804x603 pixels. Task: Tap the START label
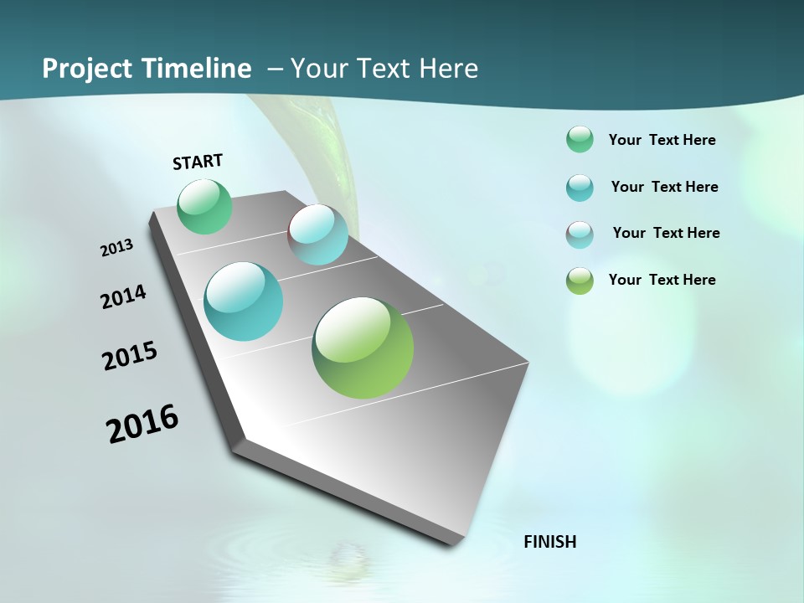(198, 162)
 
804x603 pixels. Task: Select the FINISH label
(550, 542)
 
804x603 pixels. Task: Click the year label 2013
(117, 248)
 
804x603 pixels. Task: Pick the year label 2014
(124, 296)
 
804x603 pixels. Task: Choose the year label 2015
(130, 356)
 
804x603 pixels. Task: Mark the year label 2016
(142, 424)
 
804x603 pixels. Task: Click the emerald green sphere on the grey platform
(205, 206)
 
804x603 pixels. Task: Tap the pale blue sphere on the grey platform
(318, 234)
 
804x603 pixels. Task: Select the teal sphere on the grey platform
(244, 301)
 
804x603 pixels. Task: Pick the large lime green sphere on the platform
(363, 348)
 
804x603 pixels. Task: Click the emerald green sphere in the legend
(580, 139)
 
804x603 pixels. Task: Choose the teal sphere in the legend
(580, 188)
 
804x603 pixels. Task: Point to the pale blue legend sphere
(580, 234)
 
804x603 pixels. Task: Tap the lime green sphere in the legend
(580, 281)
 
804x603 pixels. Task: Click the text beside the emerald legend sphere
(662, 141)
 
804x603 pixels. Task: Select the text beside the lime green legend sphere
(662, 280)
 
